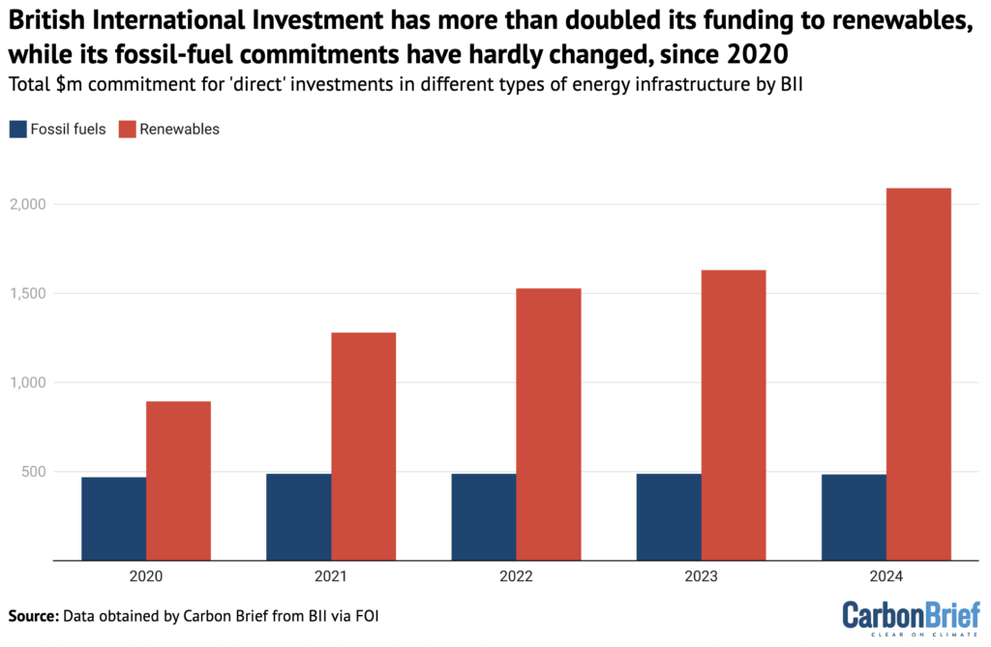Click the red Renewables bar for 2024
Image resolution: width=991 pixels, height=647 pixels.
[918, 374]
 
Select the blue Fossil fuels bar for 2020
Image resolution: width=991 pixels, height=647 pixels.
[113, 518]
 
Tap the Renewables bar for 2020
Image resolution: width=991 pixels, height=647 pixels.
[178, 481]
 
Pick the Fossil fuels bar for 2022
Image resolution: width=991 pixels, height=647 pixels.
[483, 517]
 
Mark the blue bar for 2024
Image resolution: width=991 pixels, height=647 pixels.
[854, 517]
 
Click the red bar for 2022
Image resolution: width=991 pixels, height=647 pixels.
[548, 425]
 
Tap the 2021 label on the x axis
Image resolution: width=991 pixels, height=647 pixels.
[331, 576]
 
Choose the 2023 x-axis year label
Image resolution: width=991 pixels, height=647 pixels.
[701, 576]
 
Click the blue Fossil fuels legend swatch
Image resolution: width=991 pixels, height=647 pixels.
[17, 130]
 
